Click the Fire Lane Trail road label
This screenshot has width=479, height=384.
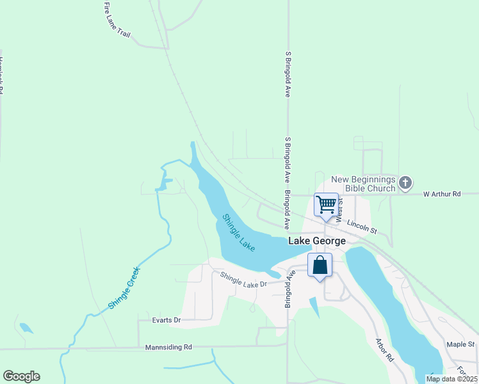(x=117, y=22)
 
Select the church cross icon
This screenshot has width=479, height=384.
(x=405, y=184)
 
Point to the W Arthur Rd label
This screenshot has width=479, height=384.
(x=442, y=193)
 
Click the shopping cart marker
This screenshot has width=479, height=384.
(x=326, y=205)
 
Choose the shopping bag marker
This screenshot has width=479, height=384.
(x=320, y=265)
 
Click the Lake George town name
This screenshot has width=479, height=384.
(x=317, y=241)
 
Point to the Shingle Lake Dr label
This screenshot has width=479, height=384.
(x=243, y=280)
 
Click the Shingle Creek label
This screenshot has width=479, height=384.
(x=124, y=288)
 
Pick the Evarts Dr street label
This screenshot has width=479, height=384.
(x=167, y=320)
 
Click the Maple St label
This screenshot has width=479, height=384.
(x=460, y=344)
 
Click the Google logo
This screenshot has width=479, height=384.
(x=21, y=376)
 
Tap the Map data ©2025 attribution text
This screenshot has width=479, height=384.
(x=451, y=379)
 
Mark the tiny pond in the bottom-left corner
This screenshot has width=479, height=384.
(x=26, y=328)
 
